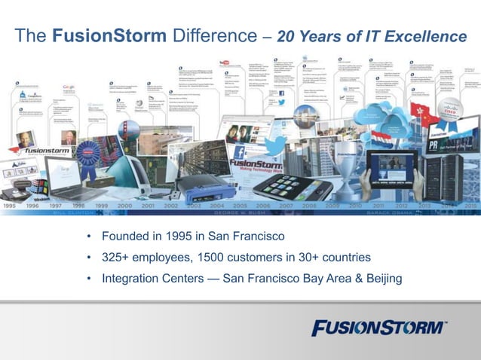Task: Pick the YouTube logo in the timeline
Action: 223,62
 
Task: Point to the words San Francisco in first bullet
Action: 242,236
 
